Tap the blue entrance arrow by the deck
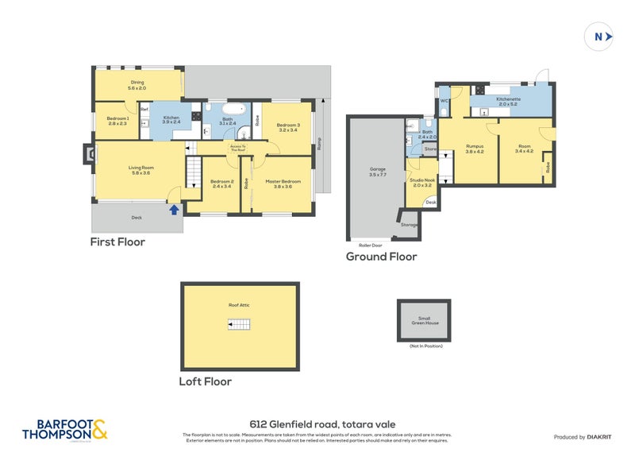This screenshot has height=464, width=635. (174, 210)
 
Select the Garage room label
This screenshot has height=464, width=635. (377, 172)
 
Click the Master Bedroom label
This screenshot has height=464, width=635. (283, 184)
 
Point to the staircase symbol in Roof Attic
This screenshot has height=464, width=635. (240, 323)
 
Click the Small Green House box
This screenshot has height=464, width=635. (423, 320)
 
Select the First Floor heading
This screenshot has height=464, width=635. (117, 242)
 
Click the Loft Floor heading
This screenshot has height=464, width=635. (206, 381)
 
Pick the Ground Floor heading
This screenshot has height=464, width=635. (381, 257)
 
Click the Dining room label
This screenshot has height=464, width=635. (138, 84)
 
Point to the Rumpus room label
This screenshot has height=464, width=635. (475, 149)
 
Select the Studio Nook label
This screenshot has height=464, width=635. (421, 183)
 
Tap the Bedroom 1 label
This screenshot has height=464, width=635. (117, 120)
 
